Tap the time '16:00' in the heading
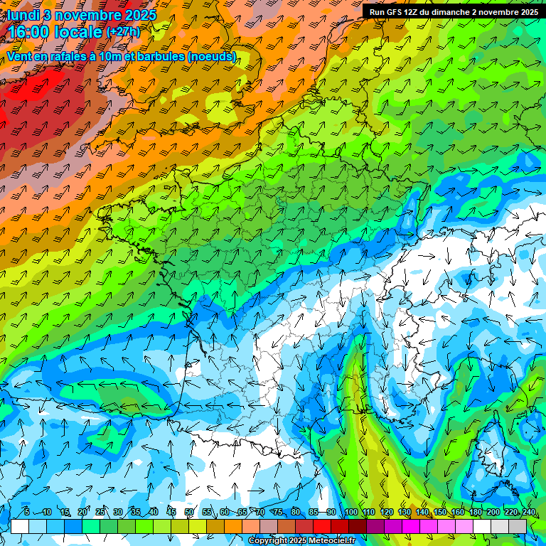pyautogui.click(x=33, y=33)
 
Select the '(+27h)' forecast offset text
pyautogui.click(x=123, y=32)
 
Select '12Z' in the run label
pyautogui.click(x=415, y=12)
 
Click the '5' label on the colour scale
pyautogui.click(x=27, y=512)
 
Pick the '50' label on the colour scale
pyautogui.click(x=189, y=512)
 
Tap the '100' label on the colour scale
pyautogui.click(x=350, y=512)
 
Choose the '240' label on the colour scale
pyautogui.click(x=528, y=512)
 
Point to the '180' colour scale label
pyautogui.click(x=475, y=512)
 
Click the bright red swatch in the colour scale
pyautogui.click(x=322, y=526)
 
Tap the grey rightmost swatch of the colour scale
pyautogui.click(x=518, y=526)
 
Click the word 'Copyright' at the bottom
pyautogui.click(x=268, y=541)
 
